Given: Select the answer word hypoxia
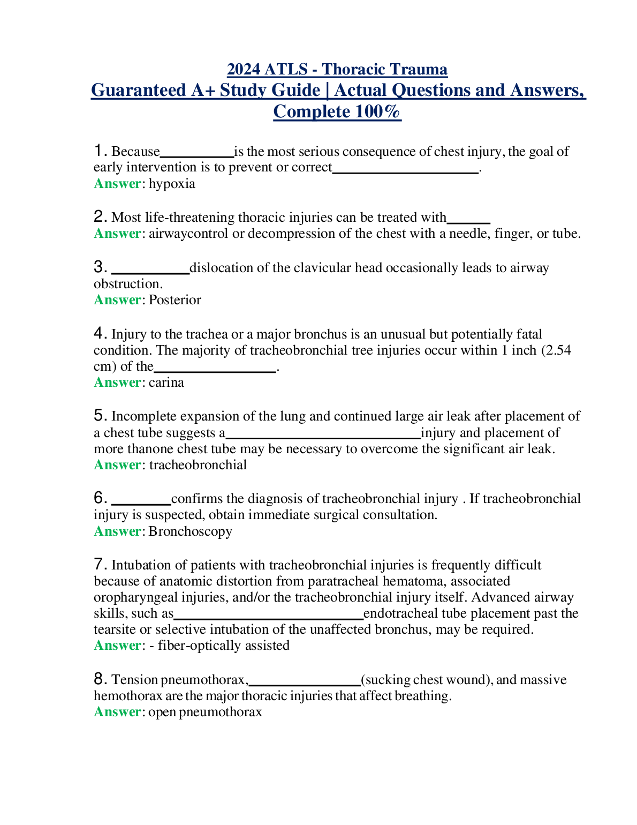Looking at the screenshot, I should [x=172, y=184].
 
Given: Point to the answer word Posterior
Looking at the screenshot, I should [x=175, y=300].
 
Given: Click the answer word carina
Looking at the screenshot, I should [x=166, y=382].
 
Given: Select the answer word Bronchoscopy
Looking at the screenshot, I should [x=191, y=531].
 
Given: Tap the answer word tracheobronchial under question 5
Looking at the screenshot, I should [x=198, y=465].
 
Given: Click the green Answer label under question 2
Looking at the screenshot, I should [x=117, y=234].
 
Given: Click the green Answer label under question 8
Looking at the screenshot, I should [x=117, y=712].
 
